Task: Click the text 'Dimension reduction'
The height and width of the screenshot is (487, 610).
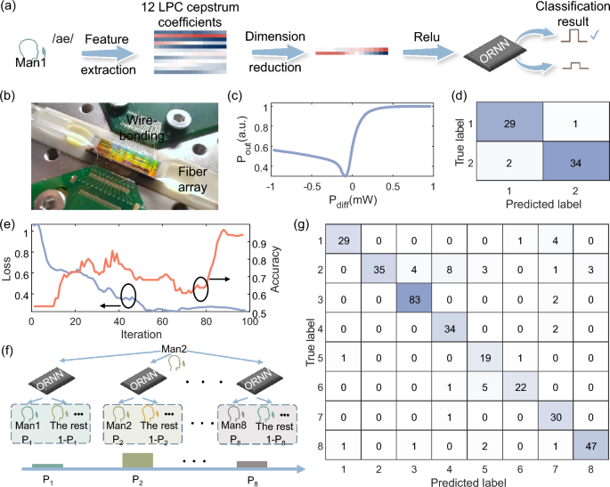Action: pyautogui.click(x=294, y=45)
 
